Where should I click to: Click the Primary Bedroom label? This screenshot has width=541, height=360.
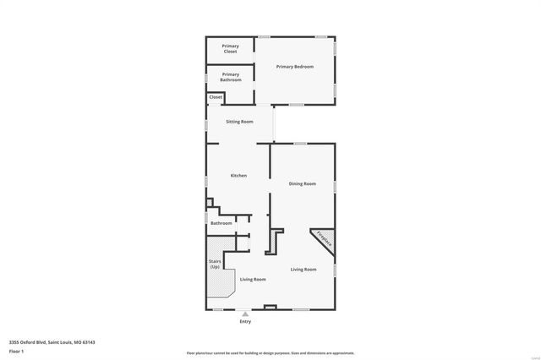[295, 66]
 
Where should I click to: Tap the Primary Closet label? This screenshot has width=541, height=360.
[230, 49]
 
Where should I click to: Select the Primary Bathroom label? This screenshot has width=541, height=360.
[231, 77]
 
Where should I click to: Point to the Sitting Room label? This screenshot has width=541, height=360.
[239, 122]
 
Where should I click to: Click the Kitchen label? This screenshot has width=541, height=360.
[239, 175]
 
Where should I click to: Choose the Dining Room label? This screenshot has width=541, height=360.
[302, 183]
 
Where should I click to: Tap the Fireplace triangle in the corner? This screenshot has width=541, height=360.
[323, 241]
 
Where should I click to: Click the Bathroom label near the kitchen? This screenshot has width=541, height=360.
[221, 223]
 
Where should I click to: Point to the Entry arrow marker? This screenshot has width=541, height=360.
[245, 314]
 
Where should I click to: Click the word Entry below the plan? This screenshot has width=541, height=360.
[245, 321]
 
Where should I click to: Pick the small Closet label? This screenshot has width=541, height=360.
[216, 97]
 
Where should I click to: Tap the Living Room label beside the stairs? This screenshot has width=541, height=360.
[253, 279]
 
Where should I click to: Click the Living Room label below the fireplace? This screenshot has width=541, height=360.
[303, 270]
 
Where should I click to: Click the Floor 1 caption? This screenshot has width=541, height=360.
[17, 351]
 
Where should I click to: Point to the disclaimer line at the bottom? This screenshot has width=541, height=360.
[270, 353]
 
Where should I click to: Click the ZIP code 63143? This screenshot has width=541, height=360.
[89, 342]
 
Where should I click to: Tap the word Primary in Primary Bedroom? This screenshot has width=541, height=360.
[285, 66]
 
